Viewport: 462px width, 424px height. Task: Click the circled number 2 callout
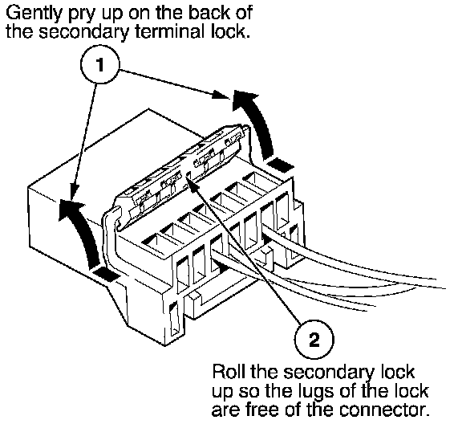point(314,340)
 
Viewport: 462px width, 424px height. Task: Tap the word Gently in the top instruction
point(35,14)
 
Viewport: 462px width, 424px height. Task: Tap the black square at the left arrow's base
point(106,274)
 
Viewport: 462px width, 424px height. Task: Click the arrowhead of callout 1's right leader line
point(221,95)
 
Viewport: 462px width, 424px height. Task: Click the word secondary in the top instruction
point(83,31)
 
